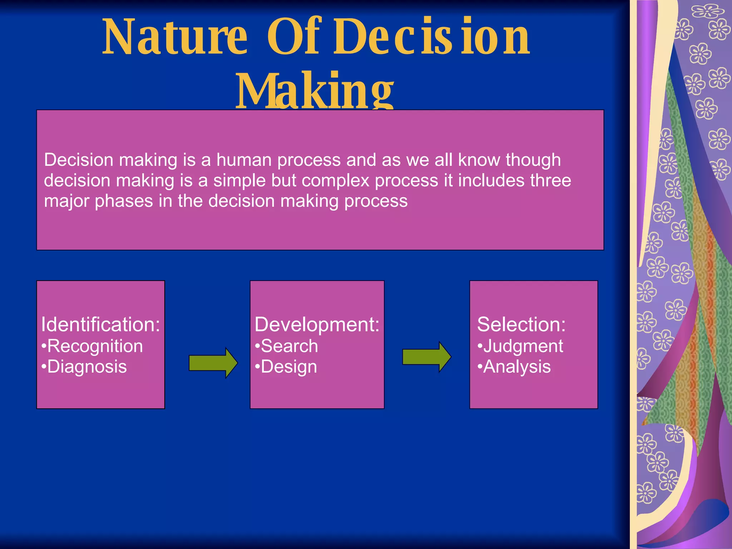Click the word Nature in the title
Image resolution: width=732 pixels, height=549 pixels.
pyautogui.click(x=175, y=38)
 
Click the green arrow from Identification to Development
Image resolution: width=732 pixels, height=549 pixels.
pyautogui.click(x=213, y=363)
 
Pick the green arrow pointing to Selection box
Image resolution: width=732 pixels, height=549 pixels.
pyautogui.click(x=426, y=357)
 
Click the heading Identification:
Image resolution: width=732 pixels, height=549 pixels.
pyautogui.click(x=100, y=325)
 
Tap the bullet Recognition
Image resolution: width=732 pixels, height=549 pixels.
pyautogui.click(x=95, y=346)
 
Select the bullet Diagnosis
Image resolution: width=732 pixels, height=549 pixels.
pyautogui.click(x=86, y=367)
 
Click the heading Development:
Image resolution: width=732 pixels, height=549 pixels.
pyautogui.click(x=317, y=325)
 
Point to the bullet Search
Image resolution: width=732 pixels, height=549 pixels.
pyautogui.click(x=289, y=346)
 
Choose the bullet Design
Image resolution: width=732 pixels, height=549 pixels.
pyautogui.click(x=288, y=367)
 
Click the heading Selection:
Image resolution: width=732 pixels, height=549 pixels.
pyautogui.click(x=521, y=325)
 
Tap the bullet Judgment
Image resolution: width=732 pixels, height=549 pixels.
pyautogui.click(x=523, y=346)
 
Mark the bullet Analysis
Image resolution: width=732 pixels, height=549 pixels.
pyautogui.click(x=516, y=367)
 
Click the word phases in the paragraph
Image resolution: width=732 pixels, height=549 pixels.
pyautogui.click(x=124, y=201)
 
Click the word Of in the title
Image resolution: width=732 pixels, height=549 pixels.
pyautogui.click(x=294, y=38)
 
